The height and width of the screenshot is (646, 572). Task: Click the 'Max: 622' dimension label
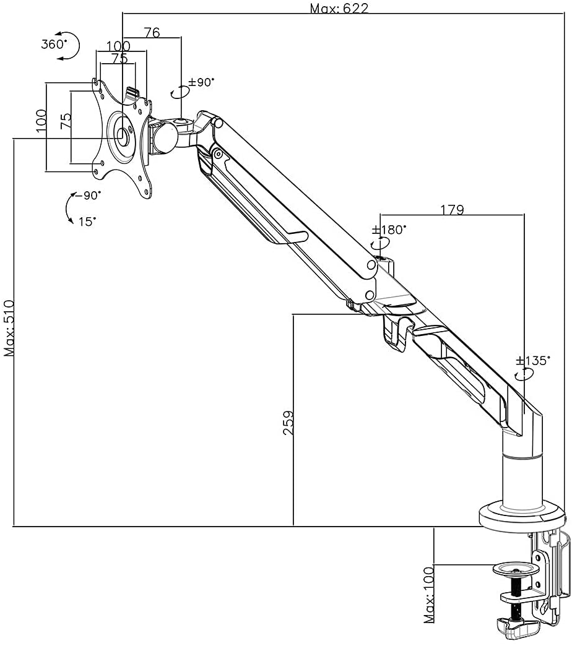point(339,8)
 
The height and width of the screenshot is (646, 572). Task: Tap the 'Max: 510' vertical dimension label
point(9,328)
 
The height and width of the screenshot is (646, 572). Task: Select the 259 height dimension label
point(288,422)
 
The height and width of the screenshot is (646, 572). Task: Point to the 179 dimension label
point(453,210)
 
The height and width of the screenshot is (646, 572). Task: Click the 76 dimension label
point(152,32)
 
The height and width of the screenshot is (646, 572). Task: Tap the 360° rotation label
point(54,44)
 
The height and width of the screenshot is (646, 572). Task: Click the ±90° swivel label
point(202,82)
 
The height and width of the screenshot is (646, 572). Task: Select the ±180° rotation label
point(389,230)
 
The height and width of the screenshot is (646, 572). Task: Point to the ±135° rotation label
point(533,361)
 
